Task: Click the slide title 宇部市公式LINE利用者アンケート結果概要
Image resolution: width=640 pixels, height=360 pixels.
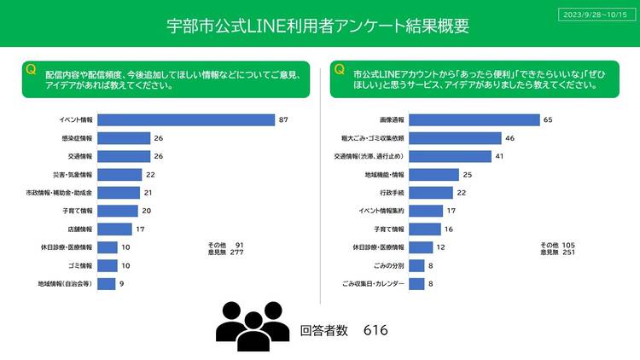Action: (x=317, y=26)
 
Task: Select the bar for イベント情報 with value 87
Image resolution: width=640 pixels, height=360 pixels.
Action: (x=185, y=119)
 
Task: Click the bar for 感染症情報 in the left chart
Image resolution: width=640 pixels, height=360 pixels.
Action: (x=124, y=138)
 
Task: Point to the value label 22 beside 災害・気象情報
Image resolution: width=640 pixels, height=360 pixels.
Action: (x=149, y=175)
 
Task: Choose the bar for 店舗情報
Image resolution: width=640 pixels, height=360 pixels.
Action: (x=114, y=229)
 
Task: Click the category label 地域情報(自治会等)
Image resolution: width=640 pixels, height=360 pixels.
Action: (x=65, y=283)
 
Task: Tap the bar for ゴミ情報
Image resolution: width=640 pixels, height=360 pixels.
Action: (x=107, y=265)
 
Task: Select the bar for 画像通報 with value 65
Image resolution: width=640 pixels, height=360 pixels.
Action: (x=474, y=119)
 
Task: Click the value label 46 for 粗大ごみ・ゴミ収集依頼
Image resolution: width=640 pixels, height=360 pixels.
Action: (x=509, y=138)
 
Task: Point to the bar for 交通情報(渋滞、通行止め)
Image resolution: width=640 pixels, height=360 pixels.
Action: (x=451, y=156)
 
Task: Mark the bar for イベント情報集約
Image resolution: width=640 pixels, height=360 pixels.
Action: (x=426, y=211)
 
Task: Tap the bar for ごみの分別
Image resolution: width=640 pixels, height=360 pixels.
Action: (x=416, y=265)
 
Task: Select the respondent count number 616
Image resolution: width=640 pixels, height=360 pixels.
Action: (x=376, y=330)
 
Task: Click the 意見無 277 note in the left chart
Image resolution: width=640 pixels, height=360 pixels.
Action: (x=225, y=253)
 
